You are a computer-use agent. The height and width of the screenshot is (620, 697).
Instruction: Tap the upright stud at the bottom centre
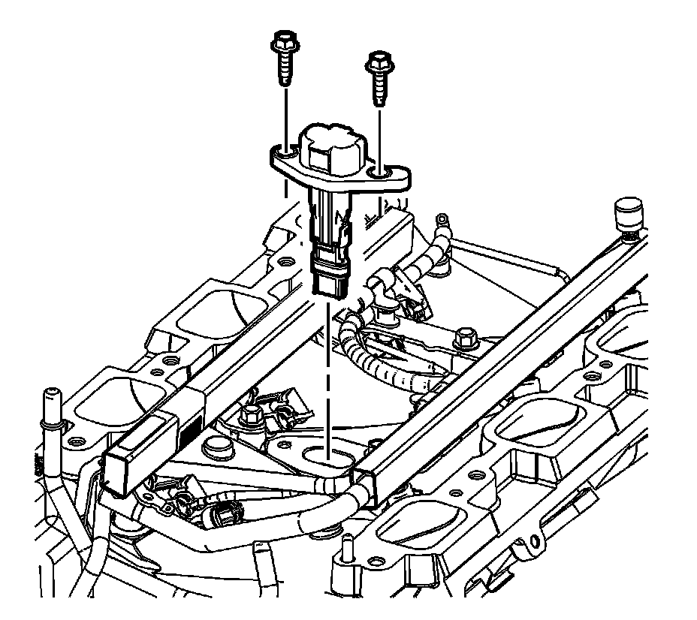[347, 551]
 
